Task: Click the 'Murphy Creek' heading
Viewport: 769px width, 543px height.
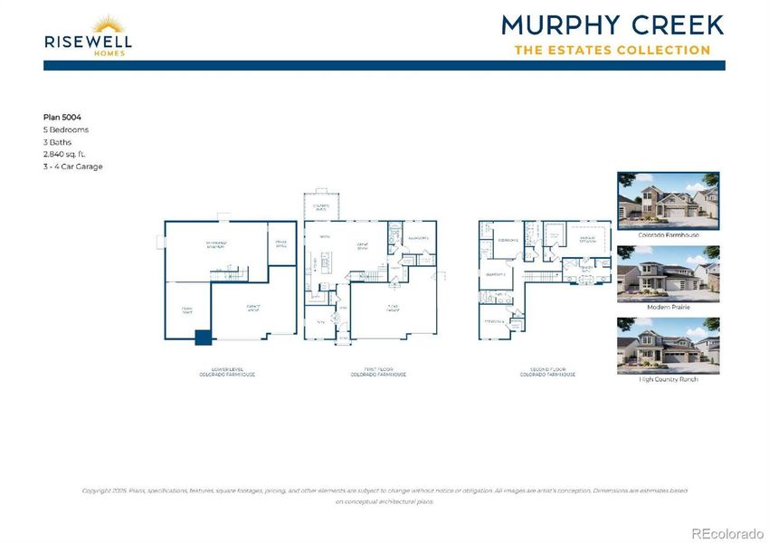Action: click(612, 24)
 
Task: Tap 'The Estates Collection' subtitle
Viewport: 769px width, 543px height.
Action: click(612, 50)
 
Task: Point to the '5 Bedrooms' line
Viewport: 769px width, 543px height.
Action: click(66, 129)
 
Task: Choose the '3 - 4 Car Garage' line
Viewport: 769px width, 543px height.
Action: click(73, 167)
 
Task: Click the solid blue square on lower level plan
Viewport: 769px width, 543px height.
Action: click(204, 338)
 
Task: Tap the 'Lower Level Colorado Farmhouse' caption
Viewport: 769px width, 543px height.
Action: click(227, 372)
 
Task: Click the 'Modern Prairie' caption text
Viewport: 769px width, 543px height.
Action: click(669, 307)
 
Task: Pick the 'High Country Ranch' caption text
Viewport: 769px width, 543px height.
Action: click(669, 378)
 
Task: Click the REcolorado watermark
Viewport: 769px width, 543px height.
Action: click(727, 532)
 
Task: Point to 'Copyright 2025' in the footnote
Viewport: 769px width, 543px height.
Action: click(102, 491)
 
